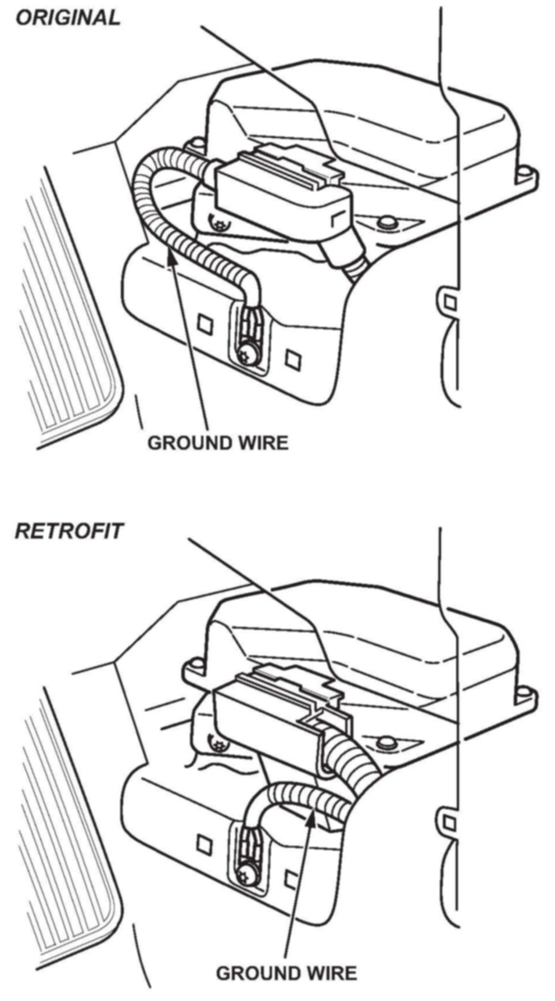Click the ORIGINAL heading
pos(67,17)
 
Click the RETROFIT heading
pos(69,530)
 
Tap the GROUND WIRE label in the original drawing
pos(217,443)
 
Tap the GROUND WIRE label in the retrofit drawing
pos(286,973)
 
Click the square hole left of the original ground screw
pos(204,322)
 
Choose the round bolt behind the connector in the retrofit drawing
pos(383,742)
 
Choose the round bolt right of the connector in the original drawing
pos(383,223)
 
